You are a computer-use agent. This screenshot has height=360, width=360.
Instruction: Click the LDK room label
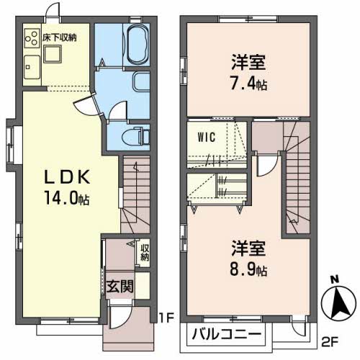point(68,177)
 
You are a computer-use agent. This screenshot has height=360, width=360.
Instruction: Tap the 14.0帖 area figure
point(67,198)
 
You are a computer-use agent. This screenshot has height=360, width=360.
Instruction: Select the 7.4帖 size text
point(249,83)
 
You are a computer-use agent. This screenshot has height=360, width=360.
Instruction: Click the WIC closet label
point(207,137)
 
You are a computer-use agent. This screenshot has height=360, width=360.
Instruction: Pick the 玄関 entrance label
point(120,286)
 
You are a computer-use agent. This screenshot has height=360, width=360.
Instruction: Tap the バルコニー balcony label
point(227,333)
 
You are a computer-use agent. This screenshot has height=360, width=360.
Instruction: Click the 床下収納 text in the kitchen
point(60,37)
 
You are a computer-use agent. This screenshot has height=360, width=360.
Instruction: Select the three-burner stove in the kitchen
point(32,38)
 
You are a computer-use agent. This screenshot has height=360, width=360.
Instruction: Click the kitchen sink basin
point(32,67)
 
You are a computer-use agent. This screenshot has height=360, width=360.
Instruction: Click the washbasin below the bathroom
point(141,82)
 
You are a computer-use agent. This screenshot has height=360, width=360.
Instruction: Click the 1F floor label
point(167,318)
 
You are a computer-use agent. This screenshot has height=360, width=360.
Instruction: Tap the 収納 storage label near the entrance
point(145,252)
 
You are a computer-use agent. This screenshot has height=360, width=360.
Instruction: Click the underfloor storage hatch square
point(53,54)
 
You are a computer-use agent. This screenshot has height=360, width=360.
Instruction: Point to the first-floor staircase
point(135,194)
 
